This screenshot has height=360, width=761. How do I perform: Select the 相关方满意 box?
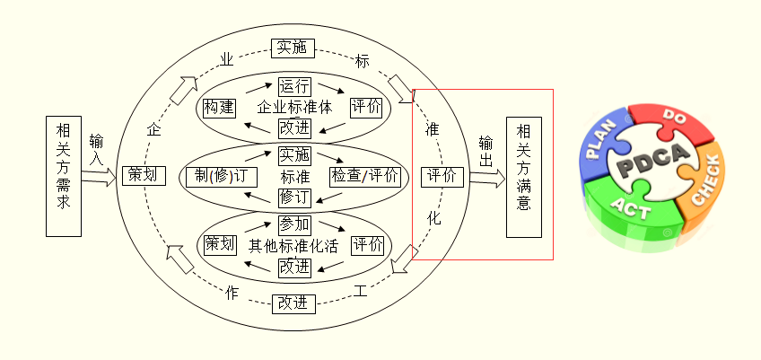(x=525, y=176)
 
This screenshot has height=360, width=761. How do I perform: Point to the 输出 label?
(x=485, y=151)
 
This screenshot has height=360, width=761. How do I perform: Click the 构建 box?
(x=219, y=107)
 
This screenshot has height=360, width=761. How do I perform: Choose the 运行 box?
(x=294, y=86)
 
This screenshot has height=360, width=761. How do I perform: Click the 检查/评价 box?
(x=364, y=175)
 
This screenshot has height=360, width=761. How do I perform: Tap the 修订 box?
(x=294, y=196)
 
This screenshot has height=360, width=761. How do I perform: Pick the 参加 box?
(x=294, y=223)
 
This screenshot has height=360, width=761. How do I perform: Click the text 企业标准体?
(x=294, y=107)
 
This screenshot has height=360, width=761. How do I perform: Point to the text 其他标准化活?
(x=293, y=244)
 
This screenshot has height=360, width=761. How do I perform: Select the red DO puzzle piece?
(x=671, y=122)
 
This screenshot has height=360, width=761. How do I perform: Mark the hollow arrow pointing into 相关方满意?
(x=486, y=176)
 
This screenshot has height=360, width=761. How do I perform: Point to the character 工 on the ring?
(x=361, y=291)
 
